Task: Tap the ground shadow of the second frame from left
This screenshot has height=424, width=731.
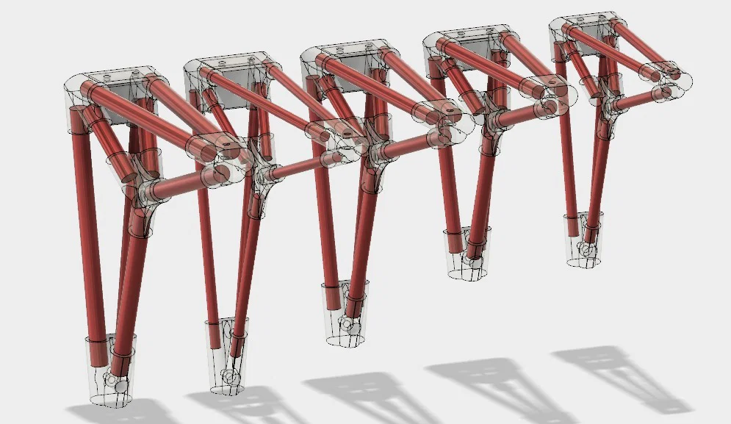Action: (x=242, y=404)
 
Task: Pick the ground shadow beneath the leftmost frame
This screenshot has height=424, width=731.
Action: (x=125, y=412)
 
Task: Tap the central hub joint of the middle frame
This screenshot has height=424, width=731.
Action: (x=375, y=151)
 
